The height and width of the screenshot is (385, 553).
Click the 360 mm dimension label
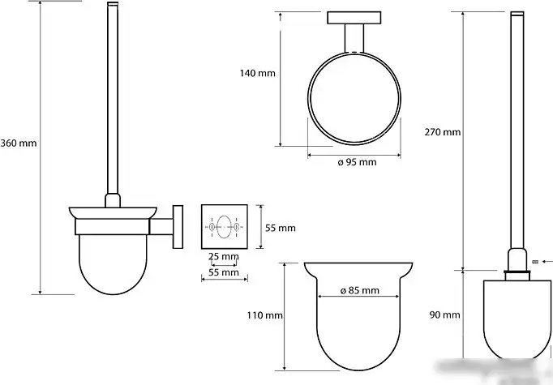click(19, 143)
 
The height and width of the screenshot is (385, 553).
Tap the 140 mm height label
click(258, 73)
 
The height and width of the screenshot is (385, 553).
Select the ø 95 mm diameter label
click(357, 163)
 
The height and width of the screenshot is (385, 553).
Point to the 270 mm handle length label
click(443, 132)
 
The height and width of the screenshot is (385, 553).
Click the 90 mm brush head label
click(444, 314)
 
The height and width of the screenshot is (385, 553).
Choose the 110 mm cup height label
click(265, 315)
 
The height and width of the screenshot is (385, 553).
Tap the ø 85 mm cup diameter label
click(360, 290)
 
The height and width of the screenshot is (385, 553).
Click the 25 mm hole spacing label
click(223, 256)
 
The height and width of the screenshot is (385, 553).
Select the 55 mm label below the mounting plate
click(224, 272)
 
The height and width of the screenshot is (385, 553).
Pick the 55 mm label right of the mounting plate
click(281, 228)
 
